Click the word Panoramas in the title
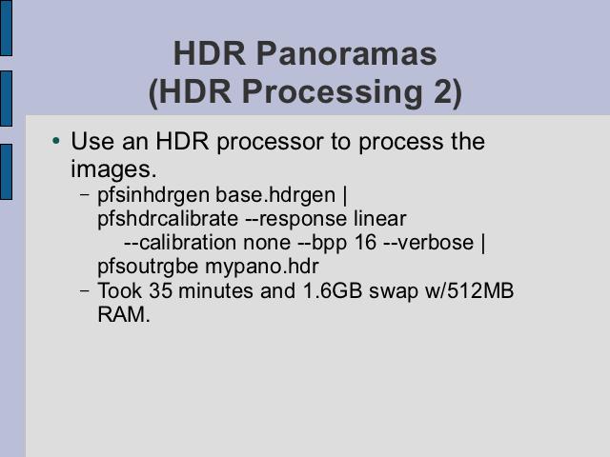(347, 53)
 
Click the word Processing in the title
(332, 93)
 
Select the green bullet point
(56, 141)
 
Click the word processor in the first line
(270, 142)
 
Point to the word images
(113, 169)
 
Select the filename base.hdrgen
(275, 194)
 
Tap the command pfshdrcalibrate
(168, 219)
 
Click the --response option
(295, 220)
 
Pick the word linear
(379, 219)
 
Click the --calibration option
(180, 243)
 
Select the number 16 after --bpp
(365, 243)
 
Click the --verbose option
(428, 243)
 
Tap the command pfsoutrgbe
(148, 267)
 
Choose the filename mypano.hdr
(262, 267)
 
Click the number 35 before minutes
(160, 290)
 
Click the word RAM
(124, 314)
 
